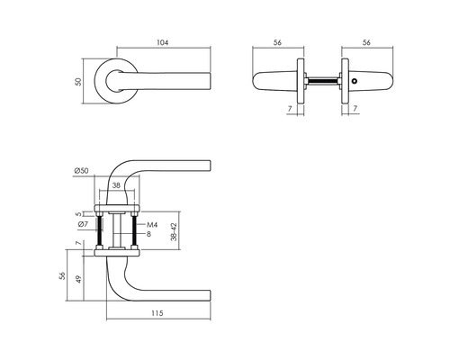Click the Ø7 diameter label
82,223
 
